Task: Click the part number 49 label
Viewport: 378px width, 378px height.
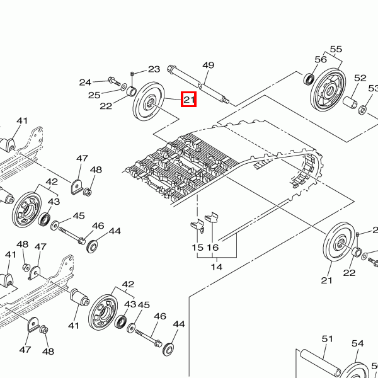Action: click(x=209, y=66)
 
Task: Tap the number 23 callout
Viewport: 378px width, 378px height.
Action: click(x=154, y=69)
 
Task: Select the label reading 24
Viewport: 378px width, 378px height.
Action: click(x=85, y=83)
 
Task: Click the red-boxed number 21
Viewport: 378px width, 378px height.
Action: click(x=190, y=99)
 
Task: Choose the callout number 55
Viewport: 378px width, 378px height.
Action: click(x=336, y=50)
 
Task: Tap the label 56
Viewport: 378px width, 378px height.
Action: click(x=321, y=59)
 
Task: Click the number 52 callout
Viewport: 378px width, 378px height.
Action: click(x=360, y=78)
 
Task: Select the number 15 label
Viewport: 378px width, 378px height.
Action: click(x=197, y=248)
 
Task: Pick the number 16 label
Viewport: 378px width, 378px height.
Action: click(x=213, y=248)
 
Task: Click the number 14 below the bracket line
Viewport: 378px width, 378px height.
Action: click(x=216, y=267)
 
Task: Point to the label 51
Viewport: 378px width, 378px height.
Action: click(x=327, y=339)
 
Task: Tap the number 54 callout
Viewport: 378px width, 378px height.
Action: click(x=357, y=343)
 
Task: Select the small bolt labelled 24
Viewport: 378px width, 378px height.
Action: click(x=113, y=81)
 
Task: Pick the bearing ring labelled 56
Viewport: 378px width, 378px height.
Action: click(x=309, y=79)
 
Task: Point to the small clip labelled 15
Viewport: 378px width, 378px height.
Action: click(x=195, y=225)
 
